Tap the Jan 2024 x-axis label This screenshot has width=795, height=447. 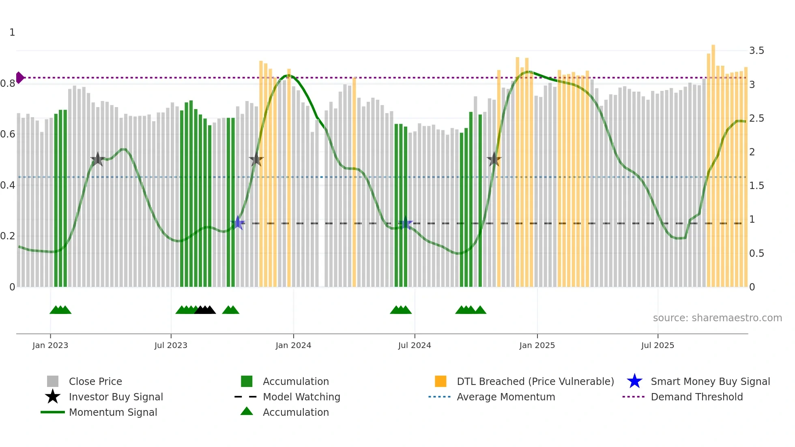[293, 345]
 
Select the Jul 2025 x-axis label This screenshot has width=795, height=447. [657, 345]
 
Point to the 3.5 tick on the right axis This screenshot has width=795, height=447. [756, 51]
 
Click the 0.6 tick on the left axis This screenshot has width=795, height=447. [7, 134]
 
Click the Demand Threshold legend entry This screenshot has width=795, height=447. [696, 397]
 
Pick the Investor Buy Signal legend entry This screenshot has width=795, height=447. [116, 397]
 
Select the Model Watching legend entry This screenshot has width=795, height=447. [301, 397]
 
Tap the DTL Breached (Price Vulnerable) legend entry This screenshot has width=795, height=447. [535, 381]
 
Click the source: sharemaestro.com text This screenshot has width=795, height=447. [717, 318]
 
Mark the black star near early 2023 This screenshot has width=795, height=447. [97, 159]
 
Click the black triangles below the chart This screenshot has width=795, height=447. [205, 310]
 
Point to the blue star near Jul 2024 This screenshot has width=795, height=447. [405, 223]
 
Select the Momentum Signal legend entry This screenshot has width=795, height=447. [113, 412]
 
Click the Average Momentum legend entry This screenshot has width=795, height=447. [505, 397]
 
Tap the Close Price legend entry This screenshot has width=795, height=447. [95, 381]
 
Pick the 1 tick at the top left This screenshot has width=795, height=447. [12, 32]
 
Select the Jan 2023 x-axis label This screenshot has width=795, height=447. [50, 345]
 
